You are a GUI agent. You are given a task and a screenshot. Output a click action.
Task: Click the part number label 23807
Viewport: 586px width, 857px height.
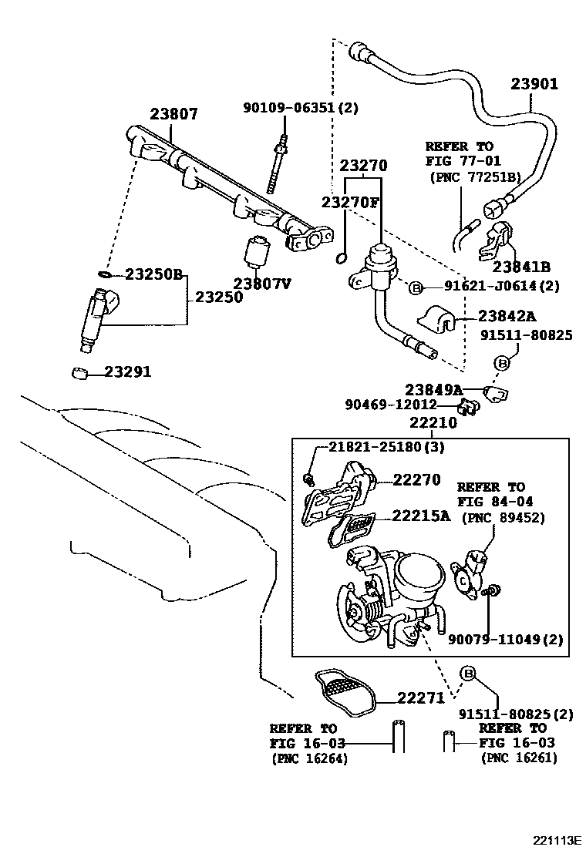tap(173, 114)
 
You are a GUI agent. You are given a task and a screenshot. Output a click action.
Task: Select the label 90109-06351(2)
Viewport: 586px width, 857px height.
tap(301, 109)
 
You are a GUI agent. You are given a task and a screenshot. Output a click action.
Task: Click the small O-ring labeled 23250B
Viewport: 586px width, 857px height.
tap(105, 274)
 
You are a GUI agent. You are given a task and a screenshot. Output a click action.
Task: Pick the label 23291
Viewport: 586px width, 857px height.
tap(128, 372)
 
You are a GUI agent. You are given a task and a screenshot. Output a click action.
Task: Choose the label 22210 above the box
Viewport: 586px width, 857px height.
tap(433, 423)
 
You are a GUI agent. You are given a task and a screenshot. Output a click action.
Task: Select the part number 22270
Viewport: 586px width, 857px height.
tap(417, 479)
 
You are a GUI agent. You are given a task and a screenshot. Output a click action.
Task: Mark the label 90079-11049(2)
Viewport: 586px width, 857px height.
tap(505, 639)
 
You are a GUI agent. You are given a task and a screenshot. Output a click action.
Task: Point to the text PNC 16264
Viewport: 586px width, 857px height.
tap(309, 758)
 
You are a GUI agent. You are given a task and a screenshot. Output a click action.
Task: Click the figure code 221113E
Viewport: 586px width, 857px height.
tap(554, 839)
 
